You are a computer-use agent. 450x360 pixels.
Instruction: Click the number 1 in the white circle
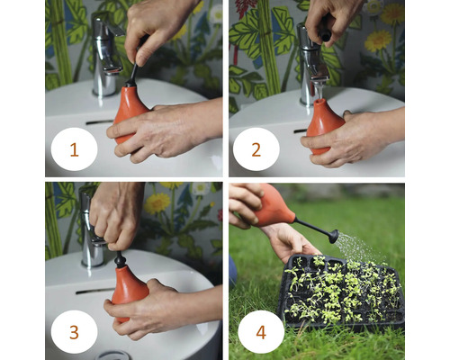point(74,150)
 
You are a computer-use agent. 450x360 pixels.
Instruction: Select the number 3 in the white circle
point(74,331)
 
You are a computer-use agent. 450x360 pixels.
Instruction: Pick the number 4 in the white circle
point(260,331)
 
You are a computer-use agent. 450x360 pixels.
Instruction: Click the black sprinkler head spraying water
point(332,236)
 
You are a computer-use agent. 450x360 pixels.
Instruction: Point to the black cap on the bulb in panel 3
point(120,260)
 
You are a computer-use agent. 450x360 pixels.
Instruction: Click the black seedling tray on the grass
point(342,297)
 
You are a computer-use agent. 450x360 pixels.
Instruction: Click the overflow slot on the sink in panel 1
point(99,121)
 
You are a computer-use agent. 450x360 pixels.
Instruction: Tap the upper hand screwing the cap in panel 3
point(117,211)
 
